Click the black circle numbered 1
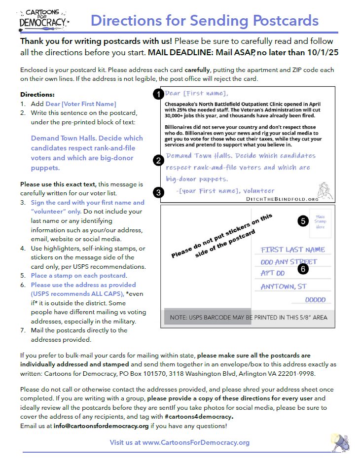pos(158,94)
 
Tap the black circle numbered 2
pos(158,160)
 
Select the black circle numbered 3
pos(158,192)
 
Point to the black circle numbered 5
pos(303,221)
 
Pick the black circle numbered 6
pos(303,269)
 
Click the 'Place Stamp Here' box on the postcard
pos(320,221)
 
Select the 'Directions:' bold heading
pos(37,94)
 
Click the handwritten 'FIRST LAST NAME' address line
pos(293,250)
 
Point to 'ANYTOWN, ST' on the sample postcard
pos(284,287)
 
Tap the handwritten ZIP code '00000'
pos(315,299)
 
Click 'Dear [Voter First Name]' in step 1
pos(80,104)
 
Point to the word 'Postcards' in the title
pos(286,21)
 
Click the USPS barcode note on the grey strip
pos(248,318)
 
